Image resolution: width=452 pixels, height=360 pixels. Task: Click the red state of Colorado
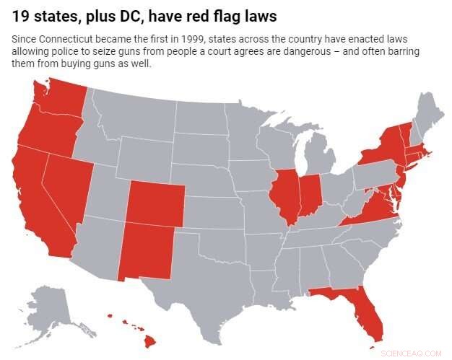point(155,202)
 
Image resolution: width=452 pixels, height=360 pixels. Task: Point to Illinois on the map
point(284,195)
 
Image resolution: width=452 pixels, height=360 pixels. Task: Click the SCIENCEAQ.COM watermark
point(415,353)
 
